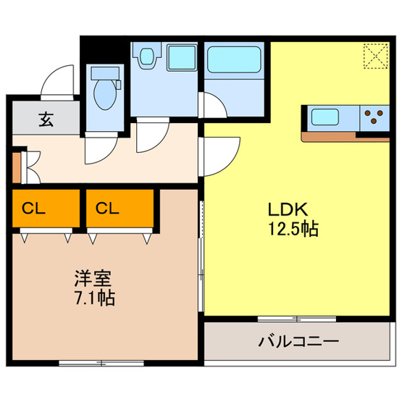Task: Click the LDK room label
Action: click(x=288, y=209)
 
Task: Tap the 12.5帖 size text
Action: click(x=293, y=228)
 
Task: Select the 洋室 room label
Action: click(x=93, y=278)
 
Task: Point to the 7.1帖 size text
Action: click(x=95, y=298)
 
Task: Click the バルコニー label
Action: click(x=298, y=341)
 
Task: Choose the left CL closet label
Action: click(x=33, y=209)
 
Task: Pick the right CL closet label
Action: click(x=107, y=209)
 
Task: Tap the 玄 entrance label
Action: click(x=46, y=120)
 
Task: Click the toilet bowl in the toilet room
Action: click(x=104, y=94)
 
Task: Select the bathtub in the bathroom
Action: click(x=234, y=59)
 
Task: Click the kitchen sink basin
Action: click(x=324, y=117)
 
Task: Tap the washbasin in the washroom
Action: click(x=147, y=57)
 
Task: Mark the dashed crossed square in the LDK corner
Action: click(x=376, y=56)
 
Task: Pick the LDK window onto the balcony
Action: click(x=297, y=319)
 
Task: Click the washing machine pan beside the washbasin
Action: click(x=182, y=58)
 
